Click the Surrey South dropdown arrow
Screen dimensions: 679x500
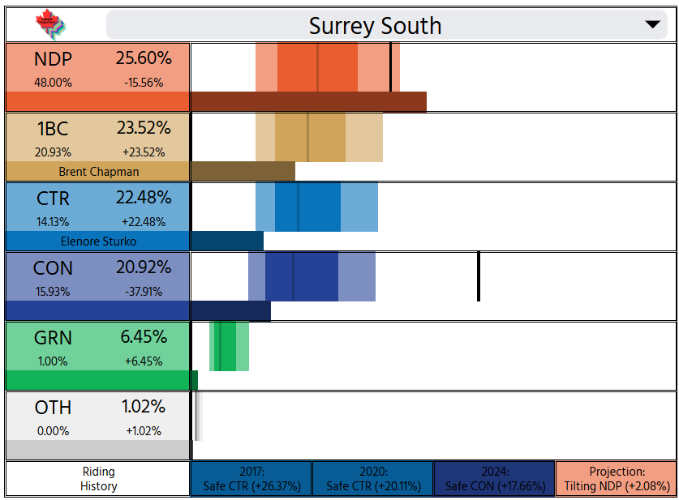[x=652, y=24]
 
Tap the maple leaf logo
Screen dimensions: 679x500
[x=50, y=24]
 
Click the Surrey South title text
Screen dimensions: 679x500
[x=375, y=26]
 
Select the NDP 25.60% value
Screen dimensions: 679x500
[x=144, y=58]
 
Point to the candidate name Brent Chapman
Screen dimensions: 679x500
[x=99, y=172]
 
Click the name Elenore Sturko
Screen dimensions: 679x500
[x=98, y=241]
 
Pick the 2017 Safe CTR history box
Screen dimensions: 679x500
[x=251, y=479]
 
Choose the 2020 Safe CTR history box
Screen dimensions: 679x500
[x=373, y=479]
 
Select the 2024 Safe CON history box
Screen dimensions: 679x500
[x=495, y=479]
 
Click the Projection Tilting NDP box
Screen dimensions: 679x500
[x=617, y=479]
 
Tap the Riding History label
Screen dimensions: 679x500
[x=99, y=479]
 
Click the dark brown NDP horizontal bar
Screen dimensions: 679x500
[x=309, y=101]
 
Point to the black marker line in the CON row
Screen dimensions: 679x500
[x=479, y=276]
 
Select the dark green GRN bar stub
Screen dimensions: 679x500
[x=195, y=380]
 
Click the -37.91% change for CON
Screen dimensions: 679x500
[x=144, y=292]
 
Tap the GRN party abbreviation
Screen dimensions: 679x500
[x=53, y=338]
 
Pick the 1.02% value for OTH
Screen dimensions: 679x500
[x=144, y=407]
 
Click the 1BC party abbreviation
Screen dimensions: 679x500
[x=53, y=129]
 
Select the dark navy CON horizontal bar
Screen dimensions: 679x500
[x=231, y=311]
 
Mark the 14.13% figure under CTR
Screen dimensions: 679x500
[x=53, y=222]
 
